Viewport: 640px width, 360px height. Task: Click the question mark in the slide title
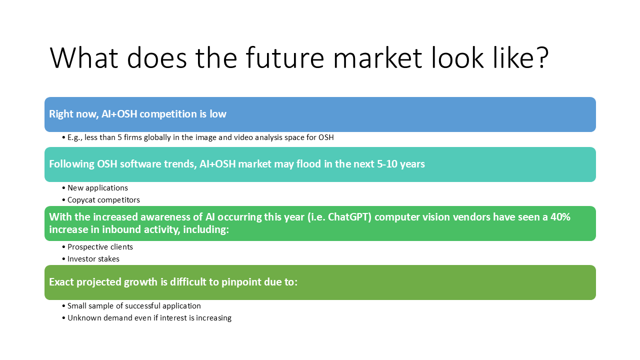[540, 57]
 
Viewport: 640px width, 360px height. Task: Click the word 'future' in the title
[285, 57]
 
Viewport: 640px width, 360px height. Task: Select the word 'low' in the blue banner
[217, 114]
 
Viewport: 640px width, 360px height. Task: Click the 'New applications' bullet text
[97, 188]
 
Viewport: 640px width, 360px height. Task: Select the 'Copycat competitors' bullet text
[103, 200]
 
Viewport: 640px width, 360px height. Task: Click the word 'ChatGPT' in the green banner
[349, 217]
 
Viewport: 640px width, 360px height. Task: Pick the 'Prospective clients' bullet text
[100, 247]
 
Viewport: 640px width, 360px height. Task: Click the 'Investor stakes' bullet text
[93, 259]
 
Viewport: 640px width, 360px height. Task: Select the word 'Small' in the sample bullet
[76, 305]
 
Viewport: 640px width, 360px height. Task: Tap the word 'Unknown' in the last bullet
[84, 318]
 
